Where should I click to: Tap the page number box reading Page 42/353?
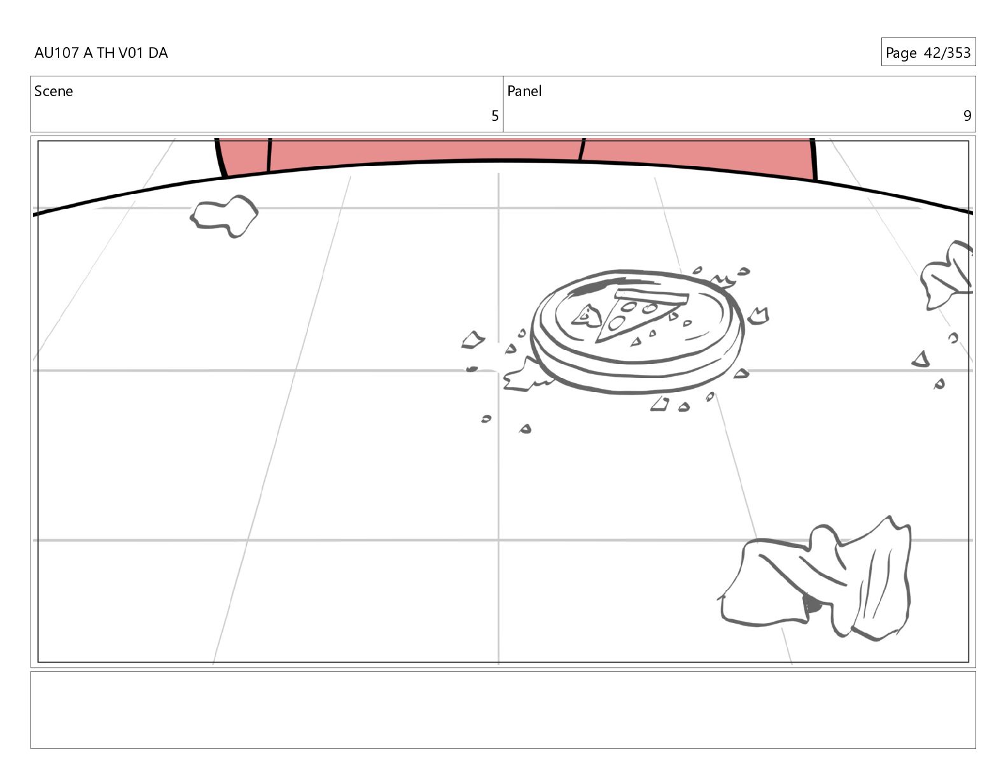tap(928, 52)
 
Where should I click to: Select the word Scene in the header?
tap(53, 91)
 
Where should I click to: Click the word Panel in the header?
tap(524, 91)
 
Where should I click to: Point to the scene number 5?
tap(495, 116)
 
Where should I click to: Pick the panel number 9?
tap(967, 116)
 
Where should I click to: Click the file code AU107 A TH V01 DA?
tap(101, 53)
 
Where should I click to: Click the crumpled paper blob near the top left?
tap(224, 216)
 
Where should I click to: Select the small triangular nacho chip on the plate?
tap(586, 316)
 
